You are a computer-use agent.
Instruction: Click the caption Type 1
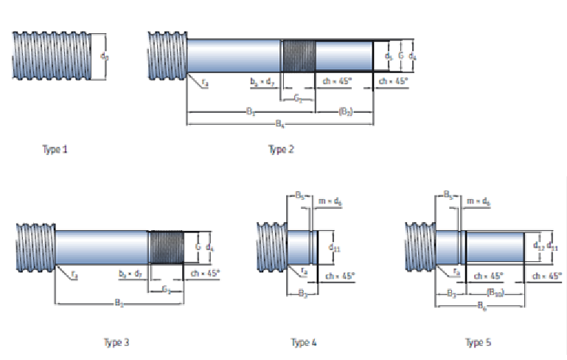coord(55,150)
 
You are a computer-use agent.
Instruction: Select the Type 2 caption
coord(281,150)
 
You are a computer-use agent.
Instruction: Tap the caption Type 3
coord(116,342)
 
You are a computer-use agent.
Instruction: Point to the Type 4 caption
coord(304,342)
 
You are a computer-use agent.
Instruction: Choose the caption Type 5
coord(478,342)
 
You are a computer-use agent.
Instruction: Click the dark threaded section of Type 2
coord(299,55)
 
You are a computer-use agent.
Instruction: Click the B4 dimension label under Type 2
coord(280,124)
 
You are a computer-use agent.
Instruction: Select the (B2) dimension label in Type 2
coord(345,111)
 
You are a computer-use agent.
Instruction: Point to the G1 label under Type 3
coord(167,290)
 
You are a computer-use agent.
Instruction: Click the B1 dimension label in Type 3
coord(118,302)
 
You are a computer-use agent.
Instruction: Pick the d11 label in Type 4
coord(334,248)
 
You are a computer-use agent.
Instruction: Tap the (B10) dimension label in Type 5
coord(495,292)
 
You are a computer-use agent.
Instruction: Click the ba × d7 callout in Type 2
coord(262,81)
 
